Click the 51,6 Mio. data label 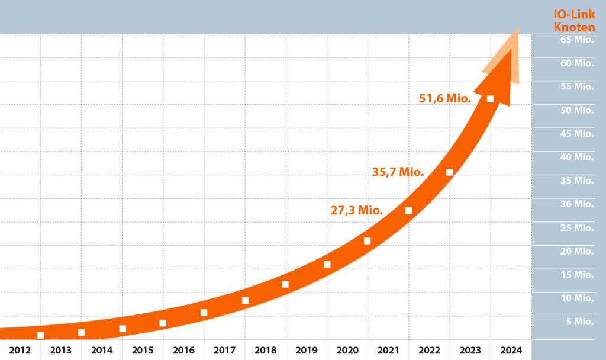click(445, 98)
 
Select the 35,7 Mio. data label click(398, 172)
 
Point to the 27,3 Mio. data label click(357, 210)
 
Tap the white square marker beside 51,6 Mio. click(490, 99)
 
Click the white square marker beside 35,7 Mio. click(449, 172)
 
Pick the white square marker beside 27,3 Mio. click(408, 211)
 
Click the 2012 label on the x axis click(20, 350)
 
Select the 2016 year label click(183, 350)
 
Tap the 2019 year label click(306, 350)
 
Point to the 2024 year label click(511, 350)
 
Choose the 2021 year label click(388, 350)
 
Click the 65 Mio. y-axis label click(576, 40)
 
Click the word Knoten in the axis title click(574, 27)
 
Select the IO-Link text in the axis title click(574, 14)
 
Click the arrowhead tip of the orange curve click(518, 30)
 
